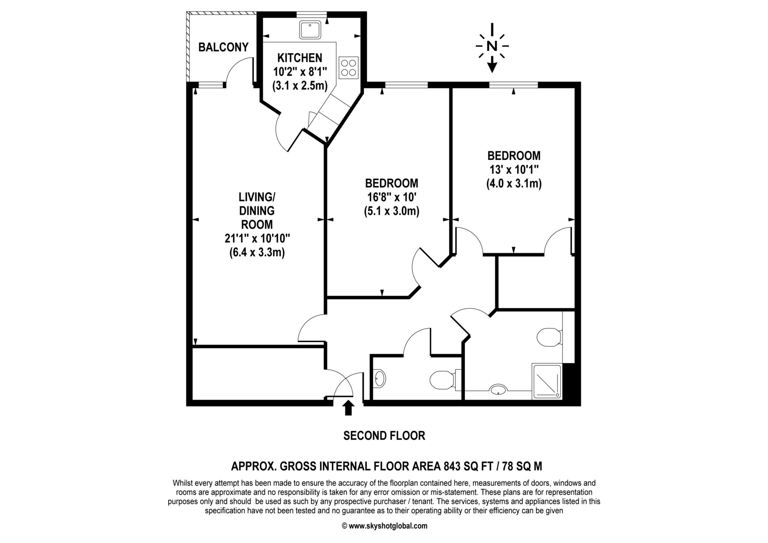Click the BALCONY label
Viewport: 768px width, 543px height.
(223, 47)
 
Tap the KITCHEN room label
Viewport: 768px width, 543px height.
(300, 58)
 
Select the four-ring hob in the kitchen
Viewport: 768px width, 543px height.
(348, 67)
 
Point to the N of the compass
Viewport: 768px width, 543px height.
(492, 46)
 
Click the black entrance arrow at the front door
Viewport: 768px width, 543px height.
(349, 408)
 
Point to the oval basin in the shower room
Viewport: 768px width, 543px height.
(498, 389)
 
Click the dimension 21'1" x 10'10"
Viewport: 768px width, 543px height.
(257, 238)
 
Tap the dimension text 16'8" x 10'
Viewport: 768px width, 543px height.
(391, 197)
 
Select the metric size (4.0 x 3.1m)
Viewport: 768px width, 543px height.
(514, 184)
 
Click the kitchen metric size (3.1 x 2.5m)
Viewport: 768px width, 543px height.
(300, 85)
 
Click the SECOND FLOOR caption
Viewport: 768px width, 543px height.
(384, 435)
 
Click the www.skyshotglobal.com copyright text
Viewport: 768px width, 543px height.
(385, 526)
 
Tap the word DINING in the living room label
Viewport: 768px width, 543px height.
(257, 210)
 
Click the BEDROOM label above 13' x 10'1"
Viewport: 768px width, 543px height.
(514, 155)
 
